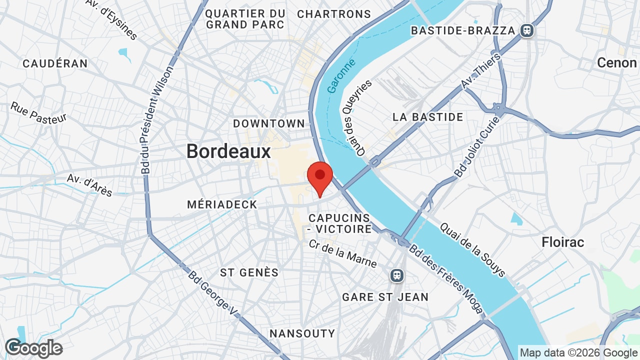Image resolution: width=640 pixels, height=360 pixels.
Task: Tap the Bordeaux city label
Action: [228, 151]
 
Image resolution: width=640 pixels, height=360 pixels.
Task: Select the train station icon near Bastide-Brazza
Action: [526, 31]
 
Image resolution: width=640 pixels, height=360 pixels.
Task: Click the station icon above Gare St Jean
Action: [397, 275]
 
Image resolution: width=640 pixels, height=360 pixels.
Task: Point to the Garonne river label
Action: [341, 76]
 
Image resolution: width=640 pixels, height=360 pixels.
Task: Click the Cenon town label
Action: [617, 63]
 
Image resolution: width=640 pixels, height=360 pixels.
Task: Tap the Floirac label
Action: [563, 242]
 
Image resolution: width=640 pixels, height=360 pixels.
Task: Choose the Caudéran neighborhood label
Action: [55, 63]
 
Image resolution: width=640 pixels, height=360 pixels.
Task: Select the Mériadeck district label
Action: [222, 204]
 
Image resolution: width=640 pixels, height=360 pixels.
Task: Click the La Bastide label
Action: [428, 117]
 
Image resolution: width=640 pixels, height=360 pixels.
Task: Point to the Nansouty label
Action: [302, 333]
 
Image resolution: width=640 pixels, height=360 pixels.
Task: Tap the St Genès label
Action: [249, 272]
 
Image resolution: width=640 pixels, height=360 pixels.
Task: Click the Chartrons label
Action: [334, 14]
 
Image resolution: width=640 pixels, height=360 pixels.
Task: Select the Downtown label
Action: [269, 123]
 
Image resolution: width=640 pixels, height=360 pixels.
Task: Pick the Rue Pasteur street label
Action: [38, 112]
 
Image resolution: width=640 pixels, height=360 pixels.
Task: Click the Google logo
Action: [33, 348]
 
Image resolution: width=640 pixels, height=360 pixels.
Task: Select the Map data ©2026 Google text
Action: [578, 352]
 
